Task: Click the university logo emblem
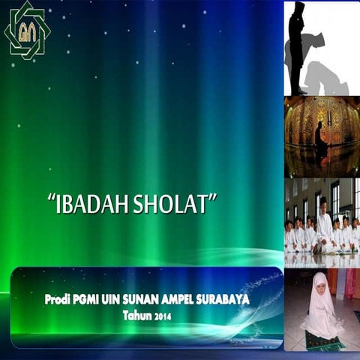(x=27, y=30)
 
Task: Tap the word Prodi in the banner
(x=59, y=299)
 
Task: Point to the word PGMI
(x=93, y=299)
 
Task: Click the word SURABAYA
(x=230, y=299)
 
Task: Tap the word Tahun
(x=139, y=316)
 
